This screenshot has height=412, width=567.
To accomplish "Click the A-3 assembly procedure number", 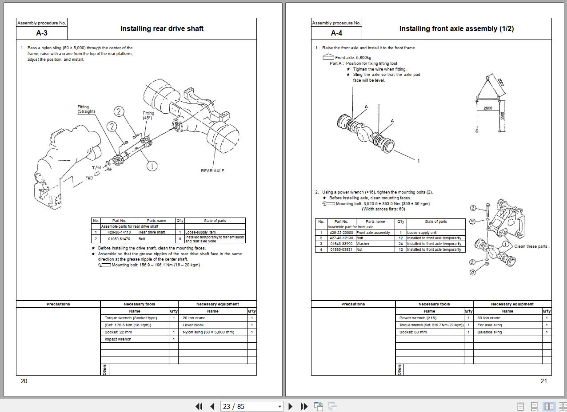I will click(x=42, y=33).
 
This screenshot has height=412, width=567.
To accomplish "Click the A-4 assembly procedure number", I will click(x=336, y=33).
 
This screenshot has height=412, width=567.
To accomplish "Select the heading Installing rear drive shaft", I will click(x=162, y=28).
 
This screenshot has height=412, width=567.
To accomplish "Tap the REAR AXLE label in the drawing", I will click(x=212, y=170).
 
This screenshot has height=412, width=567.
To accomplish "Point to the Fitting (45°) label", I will click(x=148, y=115).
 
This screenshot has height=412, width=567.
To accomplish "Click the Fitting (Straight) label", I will click(x=86, y=109).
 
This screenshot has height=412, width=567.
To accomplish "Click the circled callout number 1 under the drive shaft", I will click(x=152, y=166).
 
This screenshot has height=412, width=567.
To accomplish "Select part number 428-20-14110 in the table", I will click(x=119, y=232).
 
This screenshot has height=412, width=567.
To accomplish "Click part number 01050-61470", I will click(x=119, y=239).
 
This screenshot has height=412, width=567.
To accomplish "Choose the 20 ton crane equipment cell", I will click(x=194, y=318).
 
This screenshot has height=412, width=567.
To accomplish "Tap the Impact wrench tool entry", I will click(x=118, y=339).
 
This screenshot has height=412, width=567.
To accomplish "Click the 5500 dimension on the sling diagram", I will click(x=502, y=115).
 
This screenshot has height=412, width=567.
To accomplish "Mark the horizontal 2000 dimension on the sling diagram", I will click(x=487, y=108).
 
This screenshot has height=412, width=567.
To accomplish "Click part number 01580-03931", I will click(x=341, y=250).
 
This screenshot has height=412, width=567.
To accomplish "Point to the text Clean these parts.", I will click(x=531, y=246).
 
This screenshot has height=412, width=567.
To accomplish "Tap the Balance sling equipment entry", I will click(x=489, y=332).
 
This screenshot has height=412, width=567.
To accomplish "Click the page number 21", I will click(x=543, y=381).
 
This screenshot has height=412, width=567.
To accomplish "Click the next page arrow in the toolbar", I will click(x=291, y=406).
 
